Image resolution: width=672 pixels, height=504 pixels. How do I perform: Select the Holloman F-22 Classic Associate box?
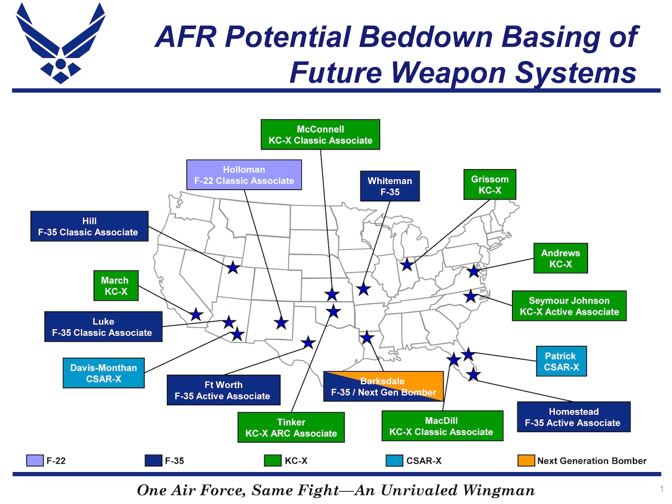[244, 175]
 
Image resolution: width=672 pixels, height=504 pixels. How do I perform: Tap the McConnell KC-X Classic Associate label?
[320, 134]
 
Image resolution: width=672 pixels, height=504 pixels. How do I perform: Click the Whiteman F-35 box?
[389, 186]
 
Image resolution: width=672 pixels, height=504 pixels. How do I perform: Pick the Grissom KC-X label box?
[489, 184]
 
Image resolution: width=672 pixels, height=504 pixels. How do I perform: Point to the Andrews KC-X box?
[560, 258]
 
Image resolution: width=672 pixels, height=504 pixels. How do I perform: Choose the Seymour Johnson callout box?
[569, 306]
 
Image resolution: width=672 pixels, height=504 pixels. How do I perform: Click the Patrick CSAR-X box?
[561, 361]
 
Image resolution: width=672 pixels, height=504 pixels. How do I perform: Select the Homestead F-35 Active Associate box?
[572, 417]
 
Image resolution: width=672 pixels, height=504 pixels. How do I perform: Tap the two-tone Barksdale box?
[383, 386]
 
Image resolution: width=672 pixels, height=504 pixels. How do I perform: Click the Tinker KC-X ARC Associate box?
[291, 427]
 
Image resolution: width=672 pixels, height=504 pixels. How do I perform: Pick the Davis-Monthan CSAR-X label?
[103, 373]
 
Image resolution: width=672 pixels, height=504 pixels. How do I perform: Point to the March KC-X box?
[114, 286]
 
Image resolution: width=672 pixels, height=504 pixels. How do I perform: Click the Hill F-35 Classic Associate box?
[89, 226]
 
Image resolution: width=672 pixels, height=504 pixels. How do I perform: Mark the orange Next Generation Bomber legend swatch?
[526, 461]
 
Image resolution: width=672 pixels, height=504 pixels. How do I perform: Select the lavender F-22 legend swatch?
[34, 461]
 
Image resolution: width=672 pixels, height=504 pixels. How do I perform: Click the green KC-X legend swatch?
[272, 461]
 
